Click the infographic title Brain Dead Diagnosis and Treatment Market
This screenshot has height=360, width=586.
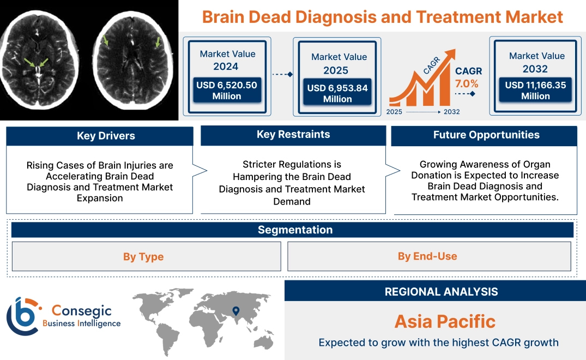pyautogui.click(x=382, y=16)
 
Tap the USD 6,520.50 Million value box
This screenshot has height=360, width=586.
pyautogui.click(x=226, y=91)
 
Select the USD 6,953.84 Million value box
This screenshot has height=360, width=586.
pyautogui.click(x=337, y=93)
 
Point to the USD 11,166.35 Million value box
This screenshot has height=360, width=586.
pyautogui.click(x=535, y=91)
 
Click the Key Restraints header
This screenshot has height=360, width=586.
pyautogui.click(x=293, y=134)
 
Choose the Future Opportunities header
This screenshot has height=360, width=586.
pyautogui.click(x=486, y=135)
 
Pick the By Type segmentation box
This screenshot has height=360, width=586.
pyautogui.click(x=143, y=256)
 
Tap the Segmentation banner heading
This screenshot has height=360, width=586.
pyautogui.click(x=295, y=230)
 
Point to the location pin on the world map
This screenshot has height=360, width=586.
pyautogui.click(x=235, y=311)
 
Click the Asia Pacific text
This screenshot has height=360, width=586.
pyautogui.click(x=445, y=321)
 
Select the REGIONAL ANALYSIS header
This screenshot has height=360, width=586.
pyautogui.click(x=441, y=292)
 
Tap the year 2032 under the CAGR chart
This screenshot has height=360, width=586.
pyautogui.click(x=451, y=112)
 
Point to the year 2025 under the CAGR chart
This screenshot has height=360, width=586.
pyautogui.click(x=395, y=112)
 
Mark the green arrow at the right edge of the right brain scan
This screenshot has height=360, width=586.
pyautogui.click(x=159, y=42)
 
